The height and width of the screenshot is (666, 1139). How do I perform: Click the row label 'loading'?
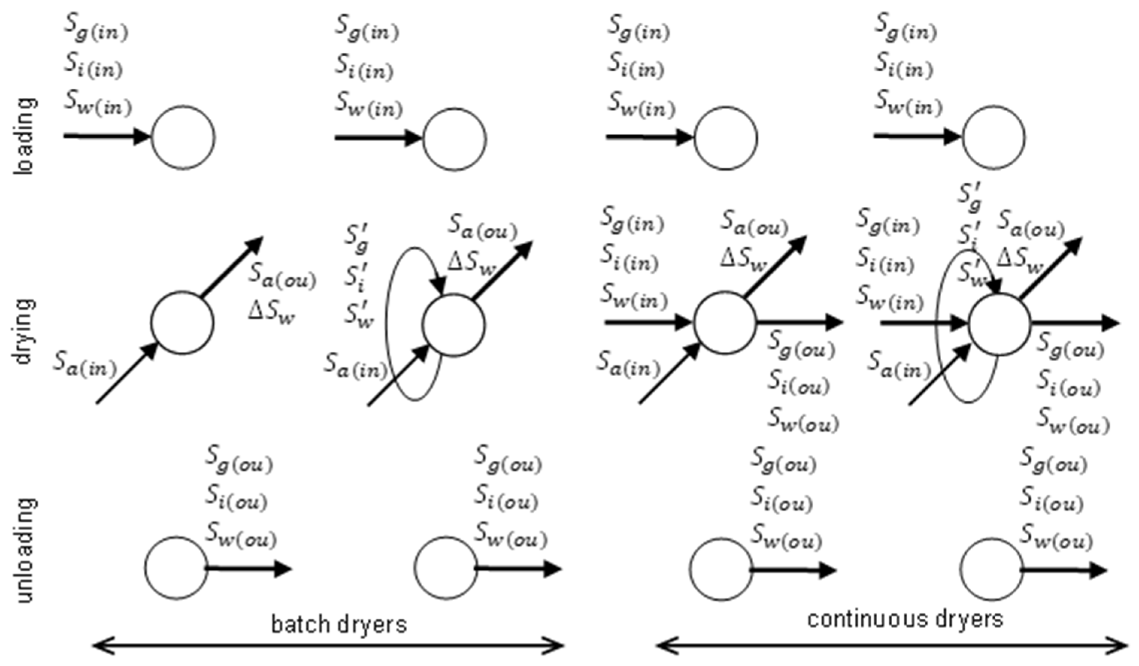tap(25, 136)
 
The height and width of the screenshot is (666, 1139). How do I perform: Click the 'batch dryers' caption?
tap(339, 624)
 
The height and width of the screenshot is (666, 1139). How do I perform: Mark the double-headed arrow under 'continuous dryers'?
tap(892, 646)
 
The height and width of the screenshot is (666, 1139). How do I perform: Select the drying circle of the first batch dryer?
tap(182, 322)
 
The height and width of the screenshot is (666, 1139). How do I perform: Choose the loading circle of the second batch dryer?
tap(454, 139)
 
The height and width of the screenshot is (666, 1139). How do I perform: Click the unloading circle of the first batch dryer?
tap(176, 568)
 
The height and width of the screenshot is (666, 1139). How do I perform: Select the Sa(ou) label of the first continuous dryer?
tap(754, 223)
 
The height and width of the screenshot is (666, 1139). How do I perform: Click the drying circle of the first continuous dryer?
tap(725, 322)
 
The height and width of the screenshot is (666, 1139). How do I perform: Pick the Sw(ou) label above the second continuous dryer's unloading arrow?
tap(1056, 539)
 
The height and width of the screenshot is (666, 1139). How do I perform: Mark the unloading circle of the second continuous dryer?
tap(992, 569)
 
